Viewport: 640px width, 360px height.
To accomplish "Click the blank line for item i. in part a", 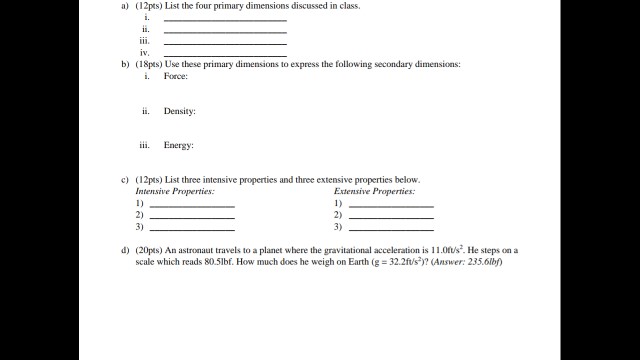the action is pyautogui.click(x=225, y=20).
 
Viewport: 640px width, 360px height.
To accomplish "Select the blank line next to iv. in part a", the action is pyautogui.click(x=225, y=54).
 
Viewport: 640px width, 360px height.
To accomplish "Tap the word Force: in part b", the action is pyautogui.click(x=176, y=77).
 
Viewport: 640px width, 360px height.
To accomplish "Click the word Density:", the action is pyautogui.click(x=180, y=111).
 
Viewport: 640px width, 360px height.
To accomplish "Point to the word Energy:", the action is pyautogui.click(x=179, y=145).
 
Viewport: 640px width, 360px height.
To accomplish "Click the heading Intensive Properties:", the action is pyautogui.click(x=175, y=190).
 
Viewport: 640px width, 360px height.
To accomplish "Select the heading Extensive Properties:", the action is pyautogui.click(x=375, y=190).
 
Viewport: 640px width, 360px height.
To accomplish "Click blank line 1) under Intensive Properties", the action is pyautogui.click(x=192, y=205).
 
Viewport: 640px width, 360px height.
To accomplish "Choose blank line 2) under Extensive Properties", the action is pyautogui.click(x=391, y=217).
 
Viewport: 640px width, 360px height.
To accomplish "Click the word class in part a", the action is pyautogui.click(x=345, y=6).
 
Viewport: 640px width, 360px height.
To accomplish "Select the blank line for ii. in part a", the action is pyautogui.click(x=225, y=32).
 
